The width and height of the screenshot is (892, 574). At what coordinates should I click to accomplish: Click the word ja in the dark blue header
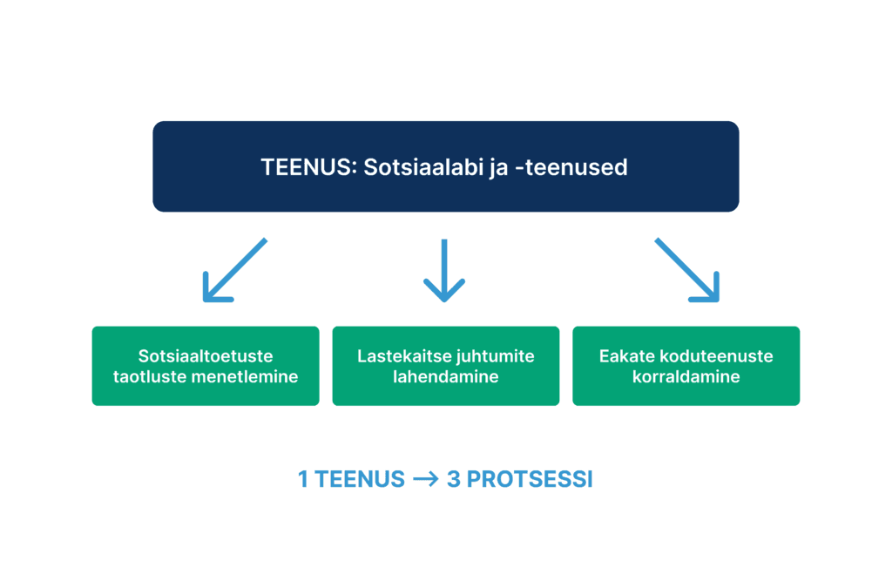(x=496, y=167)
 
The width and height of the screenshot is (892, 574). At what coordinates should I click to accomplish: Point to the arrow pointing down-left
(x=233, y=271)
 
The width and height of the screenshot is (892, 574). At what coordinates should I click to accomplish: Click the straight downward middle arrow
(x=444, y=271)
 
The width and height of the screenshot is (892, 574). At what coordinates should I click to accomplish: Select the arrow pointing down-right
(x=688, y=271)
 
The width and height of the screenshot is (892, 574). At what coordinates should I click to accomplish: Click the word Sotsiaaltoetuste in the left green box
(x=206, y=356)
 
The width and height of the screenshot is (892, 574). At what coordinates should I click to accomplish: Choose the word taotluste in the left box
(x=153, y=377)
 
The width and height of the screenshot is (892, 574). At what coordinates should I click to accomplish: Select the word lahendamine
(x=445, y=377)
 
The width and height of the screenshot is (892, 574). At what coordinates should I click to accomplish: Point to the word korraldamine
(x=686, y=377)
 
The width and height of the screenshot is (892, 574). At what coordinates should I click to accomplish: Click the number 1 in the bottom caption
(x=303, y=480)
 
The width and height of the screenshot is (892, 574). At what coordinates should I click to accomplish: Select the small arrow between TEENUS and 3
(x=425, y=480)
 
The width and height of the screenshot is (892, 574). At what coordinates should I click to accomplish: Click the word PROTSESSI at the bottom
(x=530, y=480)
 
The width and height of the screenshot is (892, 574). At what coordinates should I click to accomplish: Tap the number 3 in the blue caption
(x=453, y=480)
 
